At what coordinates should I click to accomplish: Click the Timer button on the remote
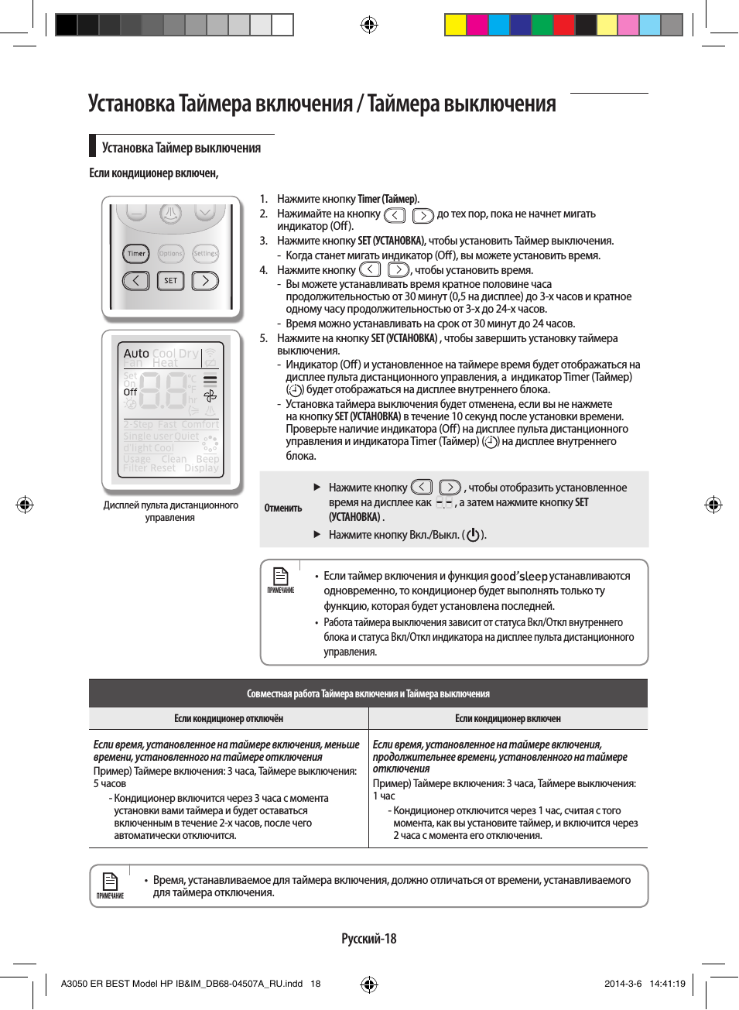(136, 254)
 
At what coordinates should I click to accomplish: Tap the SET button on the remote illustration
(170, 281)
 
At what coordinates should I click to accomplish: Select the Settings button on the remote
(205, 254)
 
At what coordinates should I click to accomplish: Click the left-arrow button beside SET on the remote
(136, 281)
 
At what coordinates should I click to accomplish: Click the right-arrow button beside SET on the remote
(205, 281)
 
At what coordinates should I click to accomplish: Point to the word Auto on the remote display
(136, 354)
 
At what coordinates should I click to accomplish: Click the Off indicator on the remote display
(130, 392)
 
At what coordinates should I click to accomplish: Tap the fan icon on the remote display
(210, 396)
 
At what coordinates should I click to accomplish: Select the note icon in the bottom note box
(111, 882)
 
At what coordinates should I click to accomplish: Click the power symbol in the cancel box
(474, 535)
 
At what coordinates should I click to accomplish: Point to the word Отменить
(283, 508)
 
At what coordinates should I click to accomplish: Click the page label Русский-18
(369, 939)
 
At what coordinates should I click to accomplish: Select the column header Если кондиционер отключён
(228, 719)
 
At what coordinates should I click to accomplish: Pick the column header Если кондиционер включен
(508, 719)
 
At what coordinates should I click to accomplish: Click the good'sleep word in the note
(518, 577)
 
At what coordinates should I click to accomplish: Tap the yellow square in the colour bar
(455, 26)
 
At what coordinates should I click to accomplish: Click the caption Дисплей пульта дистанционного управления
(171, 512)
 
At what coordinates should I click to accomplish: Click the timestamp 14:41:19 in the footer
(667, 984)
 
